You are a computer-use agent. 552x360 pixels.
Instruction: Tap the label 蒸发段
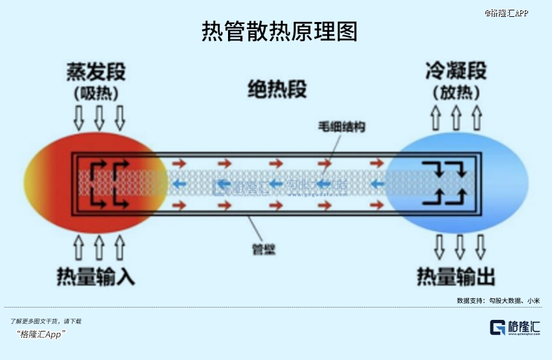click(95, 71)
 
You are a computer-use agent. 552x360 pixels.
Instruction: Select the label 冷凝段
click(456, 71)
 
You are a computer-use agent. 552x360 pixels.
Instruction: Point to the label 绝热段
click(277, 89)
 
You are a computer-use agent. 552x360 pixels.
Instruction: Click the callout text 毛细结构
click(341, 127)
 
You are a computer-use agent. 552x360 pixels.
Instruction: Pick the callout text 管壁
click(264, 248)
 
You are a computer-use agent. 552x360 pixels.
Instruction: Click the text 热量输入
click(95, 276)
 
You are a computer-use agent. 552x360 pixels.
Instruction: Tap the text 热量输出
click(456, 276)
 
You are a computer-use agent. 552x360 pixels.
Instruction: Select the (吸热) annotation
click(96, 93)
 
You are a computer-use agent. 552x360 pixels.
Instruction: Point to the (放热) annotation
click(456, 93)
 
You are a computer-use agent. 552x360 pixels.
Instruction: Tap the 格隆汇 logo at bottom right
click(515, 328)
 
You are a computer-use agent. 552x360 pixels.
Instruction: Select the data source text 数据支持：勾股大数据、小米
click(498, 300)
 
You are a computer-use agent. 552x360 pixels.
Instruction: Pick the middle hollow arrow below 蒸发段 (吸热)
click(99, 117)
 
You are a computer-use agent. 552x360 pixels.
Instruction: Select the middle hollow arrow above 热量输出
click(459, 247)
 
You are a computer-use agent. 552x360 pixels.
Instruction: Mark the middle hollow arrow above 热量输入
click(99, 247)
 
